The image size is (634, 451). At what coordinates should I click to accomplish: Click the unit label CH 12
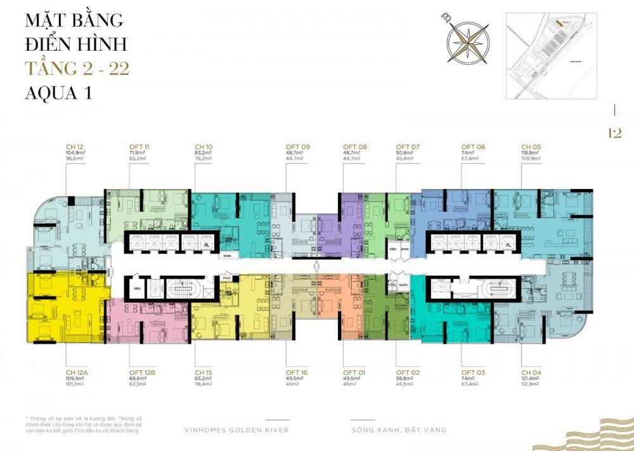pos(75,147)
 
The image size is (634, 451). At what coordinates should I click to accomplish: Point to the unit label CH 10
pos(204,147)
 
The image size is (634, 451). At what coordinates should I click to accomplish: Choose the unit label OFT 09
pos(297,147)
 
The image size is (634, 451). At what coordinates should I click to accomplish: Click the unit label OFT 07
pos(408,147)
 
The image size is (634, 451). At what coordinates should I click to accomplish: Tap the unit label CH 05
pos(531,147)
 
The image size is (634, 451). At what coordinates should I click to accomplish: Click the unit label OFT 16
pos(297,372)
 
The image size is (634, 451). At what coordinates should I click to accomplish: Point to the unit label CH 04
pos(531,372)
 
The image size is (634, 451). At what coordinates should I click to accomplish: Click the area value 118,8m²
pos(529,153)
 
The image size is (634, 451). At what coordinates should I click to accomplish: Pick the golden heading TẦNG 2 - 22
pos(77,68)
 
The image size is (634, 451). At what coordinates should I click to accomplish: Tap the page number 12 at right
pos(614,133)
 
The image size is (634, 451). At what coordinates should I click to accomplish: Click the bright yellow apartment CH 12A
pos(63,311)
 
